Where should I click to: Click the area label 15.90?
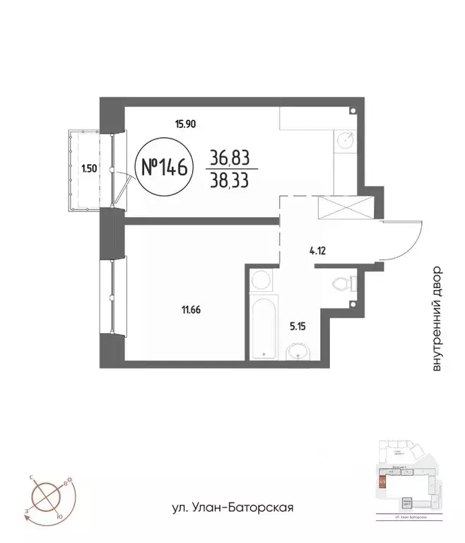click(x=185, y=124)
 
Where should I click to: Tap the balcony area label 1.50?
click(x=88, y=168)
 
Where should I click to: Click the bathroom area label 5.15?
click(x=299, y=327)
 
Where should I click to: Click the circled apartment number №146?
click(x=163, y=168)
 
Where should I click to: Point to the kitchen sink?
click(x=346, y=141)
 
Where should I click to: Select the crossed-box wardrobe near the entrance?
click(x=346, y=208)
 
